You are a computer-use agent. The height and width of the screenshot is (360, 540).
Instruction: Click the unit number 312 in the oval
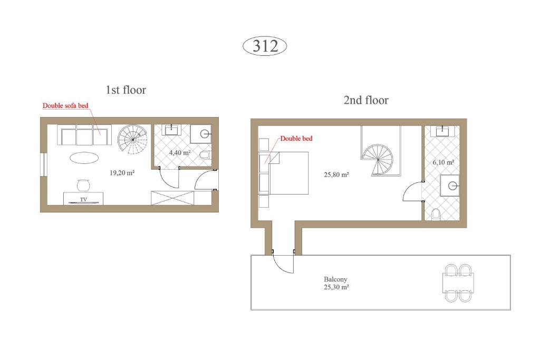coord(265,46)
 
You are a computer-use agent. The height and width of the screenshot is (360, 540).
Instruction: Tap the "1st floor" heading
coord(126,90)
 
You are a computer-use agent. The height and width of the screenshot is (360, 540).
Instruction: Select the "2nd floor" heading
coord(366,100)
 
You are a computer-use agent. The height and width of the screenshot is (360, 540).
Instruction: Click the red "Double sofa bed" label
coord(65,105)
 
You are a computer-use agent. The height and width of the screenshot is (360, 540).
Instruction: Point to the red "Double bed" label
coord(296,138)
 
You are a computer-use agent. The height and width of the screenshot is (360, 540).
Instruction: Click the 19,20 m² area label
coord(122,173)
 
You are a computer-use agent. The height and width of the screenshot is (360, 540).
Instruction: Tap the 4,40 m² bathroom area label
coord(179,152)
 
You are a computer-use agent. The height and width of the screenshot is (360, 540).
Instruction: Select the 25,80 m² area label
coord(336,174)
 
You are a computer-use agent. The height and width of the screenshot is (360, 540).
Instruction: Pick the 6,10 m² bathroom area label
coord(443,162)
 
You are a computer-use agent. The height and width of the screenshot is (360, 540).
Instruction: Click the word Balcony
coord(335,279)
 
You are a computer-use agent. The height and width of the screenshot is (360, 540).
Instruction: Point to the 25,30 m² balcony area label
coord(336,287)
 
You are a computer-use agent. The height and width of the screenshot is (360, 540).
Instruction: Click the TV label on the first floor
coord(83,199)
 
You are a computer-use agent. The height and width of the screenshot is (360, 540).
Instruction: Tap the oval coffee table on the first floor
coord(84,158)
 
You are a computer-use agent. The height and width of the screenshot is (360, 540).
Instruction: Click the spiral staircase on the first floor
coord(132,139)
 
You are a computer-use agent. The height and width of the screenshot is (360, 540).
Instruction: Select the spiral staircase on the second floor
coord(378,160)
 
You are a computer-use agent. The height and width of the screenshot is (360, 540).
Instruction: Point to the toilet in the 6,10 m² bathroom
coord(436,214)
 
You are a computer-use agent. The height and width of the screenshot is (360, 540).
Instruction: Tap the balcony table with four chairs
coord(458,283)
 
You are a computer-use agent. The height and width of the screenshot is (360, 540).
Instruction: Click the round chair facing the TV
coord(83,185)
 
